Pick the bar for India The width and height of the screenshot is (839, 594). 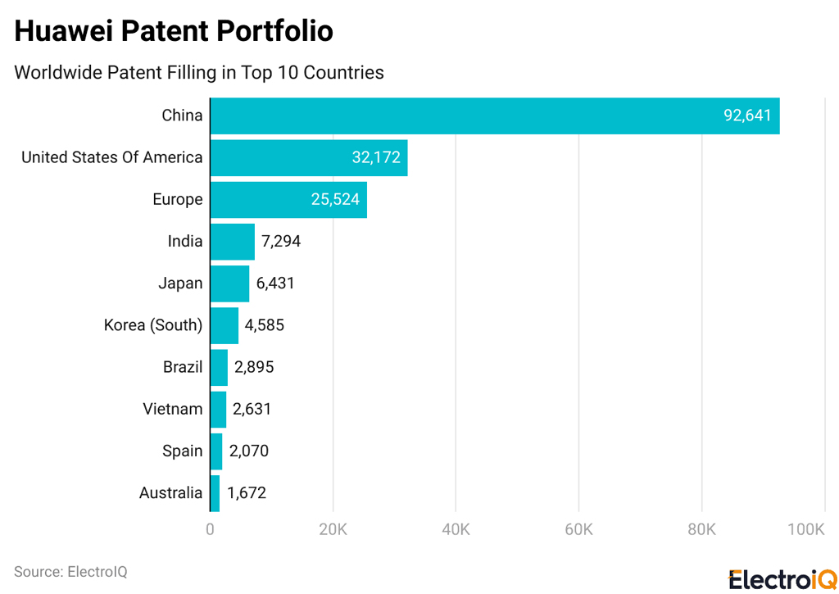[233, 241]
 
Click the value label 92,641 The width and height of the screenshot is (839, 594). [747, 116]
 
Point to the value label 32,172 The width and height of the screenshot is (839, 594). [376, 157]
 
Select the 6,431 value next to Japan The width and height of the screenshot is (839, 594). [275, 283]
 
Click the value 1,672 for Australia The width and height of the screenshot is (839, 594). [247, 493]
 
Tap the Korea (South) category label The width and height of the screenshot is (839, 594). [153, 325]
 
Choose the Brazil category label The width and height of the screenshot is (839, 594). [183, 367]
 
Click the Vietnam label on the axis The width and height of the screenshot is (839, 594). [172, 409]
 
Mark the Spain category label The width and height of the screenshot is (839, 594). [182, 451]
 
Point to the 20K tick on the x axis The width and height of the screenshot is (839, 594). [333, 530]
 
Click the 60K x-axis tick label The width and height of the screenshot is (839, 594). [578, 530]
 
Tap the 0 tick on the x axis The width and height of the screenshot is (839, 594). [211, 530]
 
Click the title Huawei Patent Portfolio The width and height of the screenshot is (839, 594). [174, 30]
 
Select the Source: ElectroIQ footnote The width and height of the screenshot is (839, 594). [70, 571]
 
